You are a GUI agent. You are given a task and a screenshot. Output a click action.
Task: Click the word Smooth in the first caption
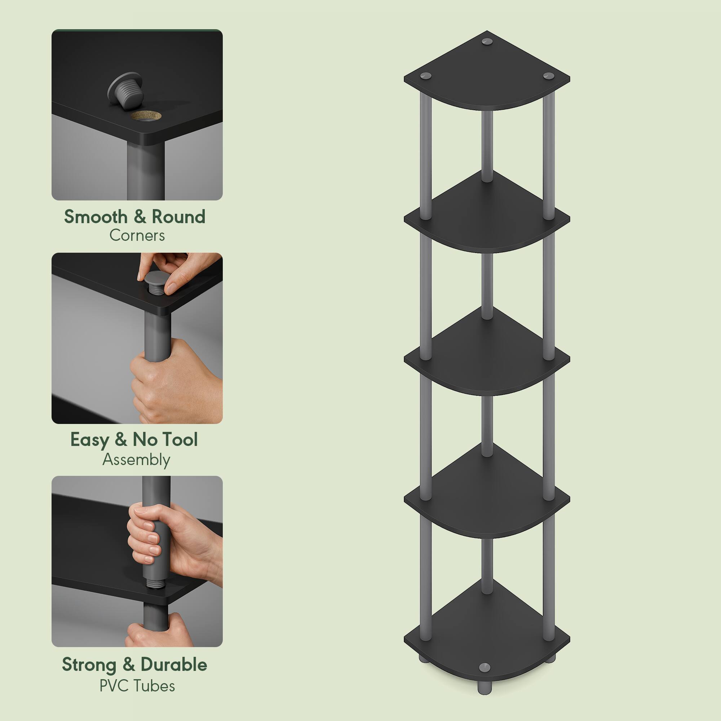tap(96, 217)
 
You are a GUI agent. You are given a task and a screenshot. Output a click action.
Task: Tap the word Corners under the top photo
tap(137, 236)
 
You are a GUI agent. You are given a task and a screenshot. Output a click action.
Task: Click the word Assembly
tap(136, 459)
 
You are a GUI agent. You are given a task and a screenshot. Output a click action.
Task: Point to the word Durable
tap(173, 665)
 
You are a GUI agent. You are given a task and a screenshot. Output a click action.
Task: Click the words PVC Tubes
tap(137, 686)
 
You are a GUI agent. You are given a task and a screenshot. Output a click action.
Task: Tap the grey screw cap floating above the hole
tap(125, 90)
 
